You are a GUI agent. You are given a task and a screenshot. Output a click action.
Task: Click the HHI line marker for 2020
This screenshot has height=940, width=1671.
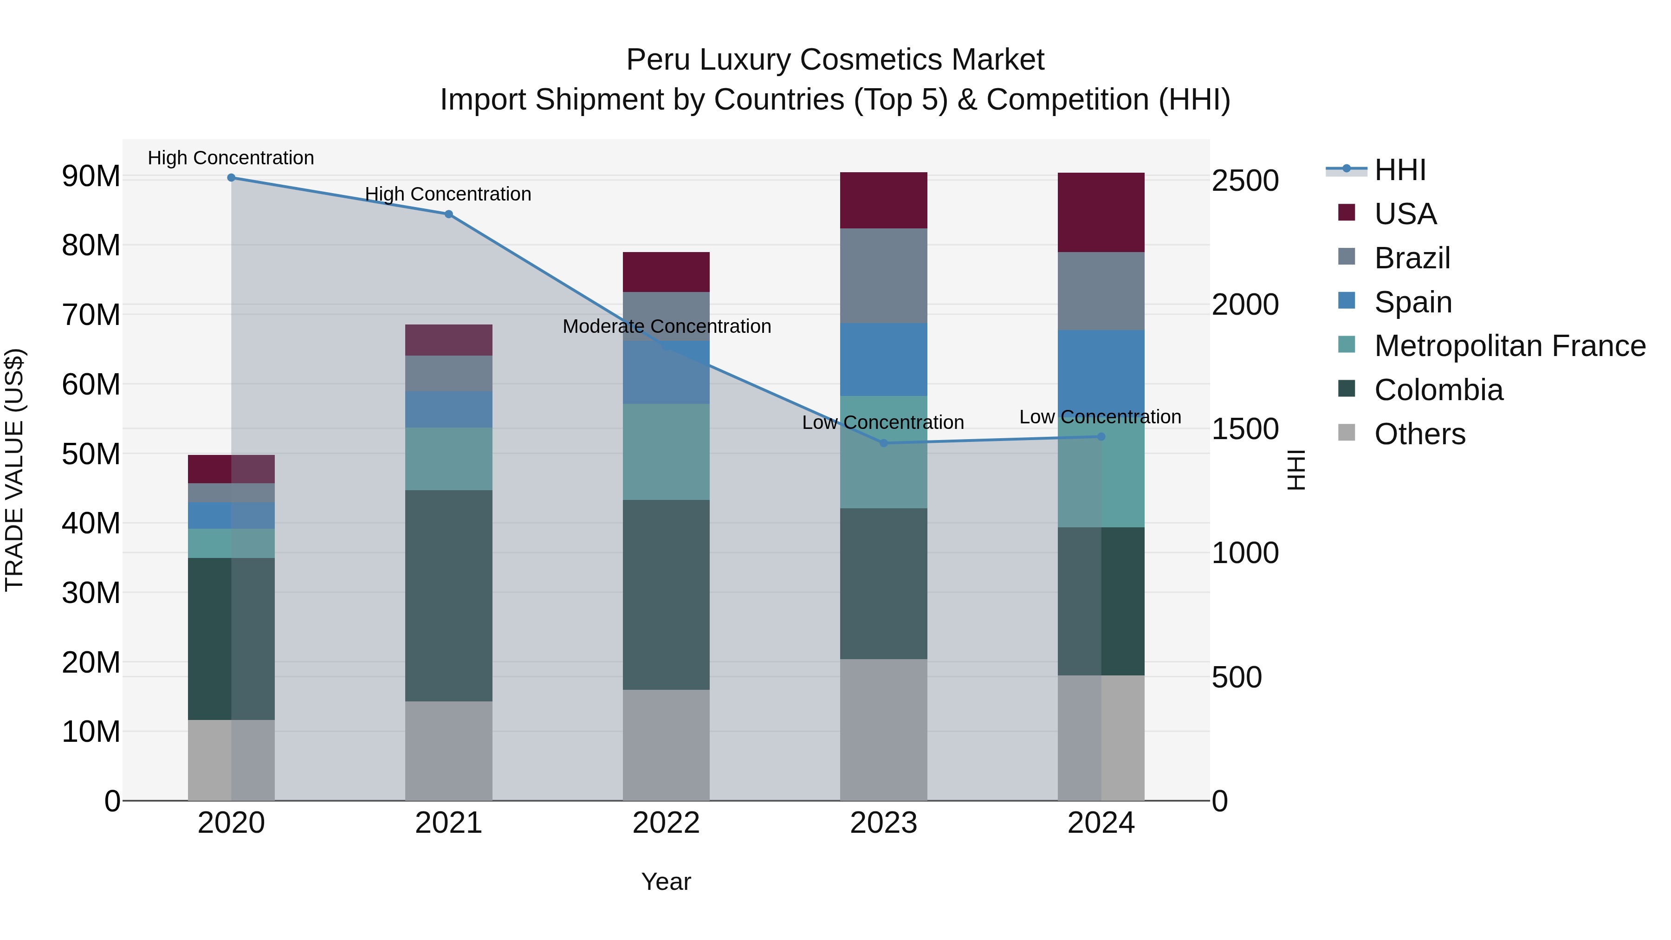coord(231,178)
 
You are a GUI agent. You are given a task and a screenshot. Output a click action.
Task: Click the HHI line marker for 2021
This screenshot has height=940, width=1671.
coord(448,214)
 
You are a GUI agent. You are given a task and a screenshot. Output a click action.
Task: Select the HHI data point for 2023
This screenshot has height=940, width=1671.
coord(883,443)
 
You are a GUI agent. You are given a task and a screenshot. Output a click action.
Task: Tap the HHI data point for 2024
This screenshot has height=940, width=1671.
coord(1101,437)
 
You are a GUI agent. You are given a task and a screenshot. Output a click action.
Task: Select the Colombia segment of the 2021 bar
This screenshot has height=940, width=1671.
coord(448,595)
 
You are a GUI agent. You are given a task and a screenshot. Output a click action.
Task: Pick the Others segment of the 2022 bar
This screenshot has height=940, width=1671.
coord(666,745)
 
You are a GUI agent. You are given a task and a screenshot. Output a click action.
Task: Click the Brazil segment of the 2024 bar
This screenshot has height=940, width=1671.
coord(1101,291)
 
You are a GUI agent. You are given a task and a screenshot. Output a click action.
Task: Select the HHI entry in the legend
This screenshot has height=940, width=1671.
coord(1400,170)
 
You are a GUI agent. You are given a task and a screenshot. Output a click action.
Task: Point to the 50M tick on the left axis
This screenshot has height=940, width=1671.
coord(91,454)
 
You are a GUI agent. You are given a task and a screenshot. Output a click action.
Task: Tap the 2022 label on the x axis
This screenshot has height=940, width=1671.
coord(666,823)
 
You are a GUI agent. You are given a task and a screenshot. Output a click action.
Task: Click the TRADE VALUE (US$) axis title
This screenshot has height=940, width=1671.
coord(14,470)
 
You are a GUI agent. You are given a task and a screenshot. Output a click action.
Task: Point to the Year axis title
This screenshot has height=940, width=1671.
coord(666,882)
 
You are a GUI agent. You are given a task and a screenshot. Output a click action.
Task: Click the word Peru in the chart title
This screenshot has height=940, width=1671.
coord(658,60)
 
